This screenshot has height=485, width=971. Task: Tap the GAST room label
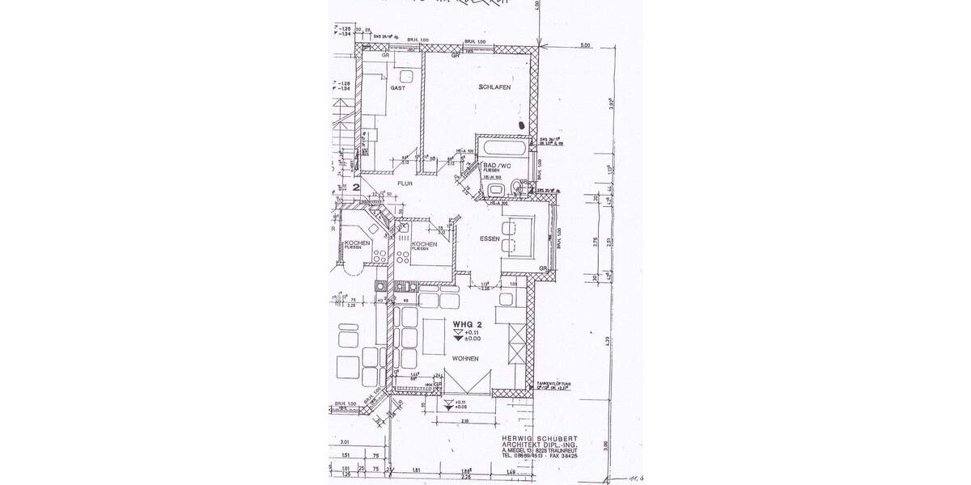397,87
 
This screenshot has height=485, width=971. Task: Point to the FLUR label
405,183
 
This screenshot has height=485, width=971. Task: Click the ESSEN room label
490,239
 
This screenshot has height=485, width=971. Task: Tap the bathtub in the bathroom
502,149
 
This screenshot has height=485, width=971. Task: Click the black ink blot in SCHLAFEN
522,126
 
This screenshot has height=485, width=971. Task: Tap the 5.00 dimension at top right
586,46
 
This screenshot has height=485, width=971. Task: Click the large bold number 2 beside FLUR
356,186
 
